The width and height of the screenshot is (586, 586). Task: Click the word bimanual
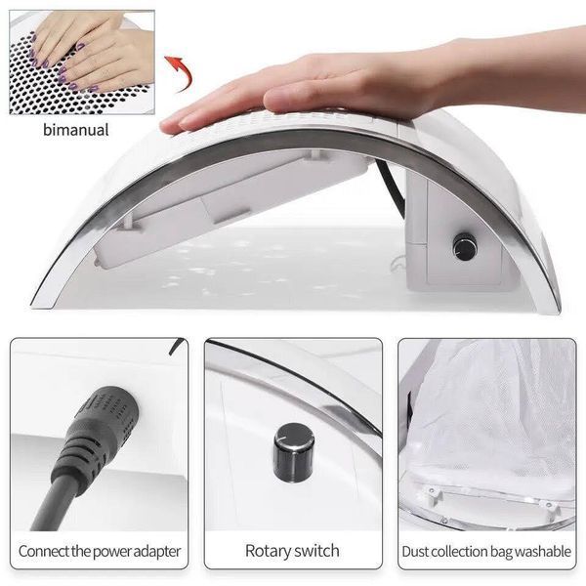pos(76,130)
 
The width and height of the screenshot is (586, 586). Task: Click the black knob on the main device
pos(465,247)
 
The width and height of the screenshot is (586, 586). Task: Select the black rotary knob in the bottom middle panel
pos(294,452)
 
